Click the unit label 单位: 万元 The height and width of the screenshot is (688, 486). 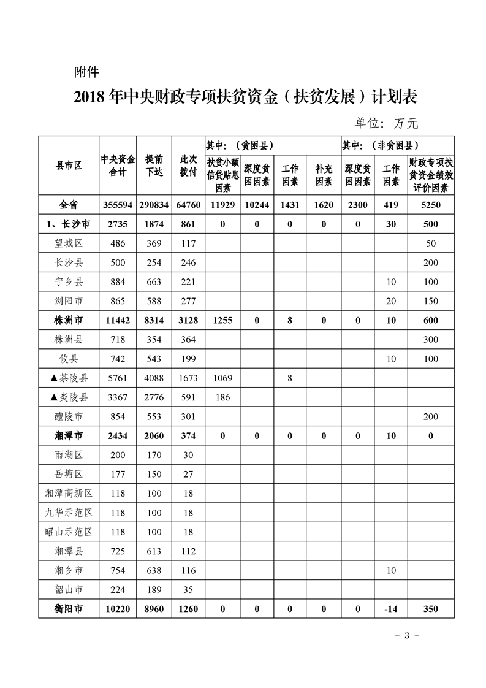[386, 123]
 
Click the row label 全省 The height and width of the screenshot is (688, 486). [69, 205]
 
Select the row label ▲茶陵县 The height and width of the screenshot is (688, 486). [69, 378]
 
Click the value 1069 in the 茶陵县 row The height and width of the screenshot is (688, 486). [222, 378]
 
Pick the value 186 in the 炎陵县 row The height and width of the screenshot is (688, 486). [222, 397]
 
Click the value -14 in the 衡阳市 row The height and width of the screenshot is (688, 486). [391, 610]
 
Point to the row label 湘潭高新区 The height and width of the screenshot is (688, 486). [69, 494]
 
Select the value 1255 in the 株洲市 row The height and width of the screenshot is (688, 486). [222, 321]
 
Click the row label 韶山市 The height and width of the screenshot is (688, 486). [69, 590]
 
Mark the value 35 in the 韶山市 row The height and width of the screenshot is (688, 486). [188, 590]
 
